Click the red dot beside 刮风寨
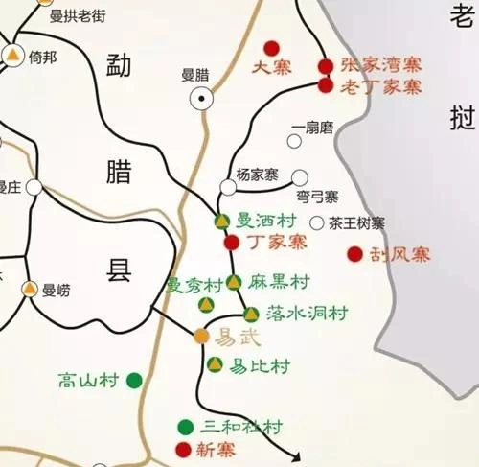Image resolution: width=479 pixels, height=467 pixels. (x=354, y=254)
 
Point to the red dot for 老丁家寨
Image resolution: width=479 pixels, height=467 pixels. (x=326, y=85)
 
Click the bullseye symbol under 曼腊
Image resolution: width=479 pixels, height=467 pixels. (x=201, y=96)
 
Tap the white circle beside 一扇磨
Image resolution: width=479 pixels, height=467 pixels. (x=294, y=141)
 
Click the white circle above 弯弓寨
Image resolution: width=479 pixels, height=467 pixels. (x=300, y=177)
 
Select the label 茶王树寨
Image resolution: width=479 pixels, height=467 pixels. (x=356, y=223)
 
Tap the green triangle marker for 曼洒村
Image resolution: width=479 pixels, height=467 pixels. (x=221, y=221)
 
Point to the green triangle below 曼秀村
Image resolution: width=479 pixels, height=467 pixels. (x=204, y=305)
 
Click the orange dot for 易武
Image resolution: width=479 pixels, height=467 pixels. (x=201, y=336)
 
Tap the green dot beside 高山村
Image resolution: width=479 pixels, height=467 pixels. (x=134, y=381)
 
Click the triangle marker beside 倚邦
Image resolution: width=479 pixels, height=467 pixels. (x=12, y=57)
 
